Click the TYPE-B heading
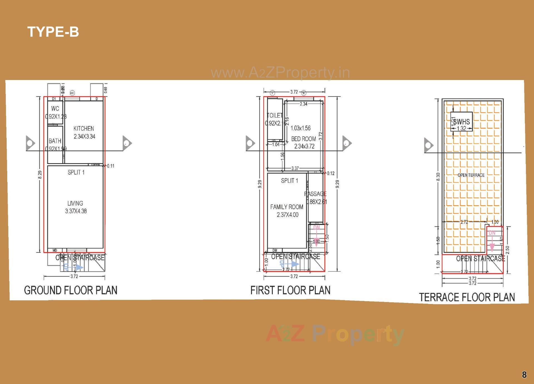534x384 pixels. (x=53, y=32)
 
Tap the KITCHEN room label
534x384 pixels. (x=84, y=129)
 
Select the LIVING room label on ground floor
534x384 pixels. (x=75, y=203)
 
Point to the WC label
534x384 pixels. (x=55, y=109)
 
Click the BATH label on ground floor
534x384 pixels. (x=55, y=141)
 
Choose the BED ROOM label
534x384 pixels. (x=303, y=139)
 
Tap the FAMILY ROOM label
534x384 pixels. (x=287, y=207)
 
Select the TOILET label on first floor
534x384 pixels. (x=275, y=115)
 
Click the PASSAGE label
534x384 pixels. (x=315, y=194)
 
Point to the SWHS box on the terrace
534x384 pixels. (x=461, y=122)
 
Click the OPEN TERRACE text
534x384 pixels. (x=471, y=175)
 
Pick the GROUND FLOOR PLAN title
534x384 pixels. (x=71, y=290)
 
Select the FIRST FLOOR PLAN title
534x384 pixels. (x=290, y=290)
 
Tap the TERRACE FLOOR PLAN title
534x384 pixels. (x=467, y=297)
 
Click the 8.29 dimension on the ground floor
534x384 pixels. (x=40, y=175)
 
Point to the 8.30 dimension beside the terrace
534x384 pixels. (x=438, y=177)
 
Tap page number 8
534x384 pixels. (x=524, y=375)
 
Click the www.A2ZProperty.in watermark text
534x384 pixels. (x=280, y=73)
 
